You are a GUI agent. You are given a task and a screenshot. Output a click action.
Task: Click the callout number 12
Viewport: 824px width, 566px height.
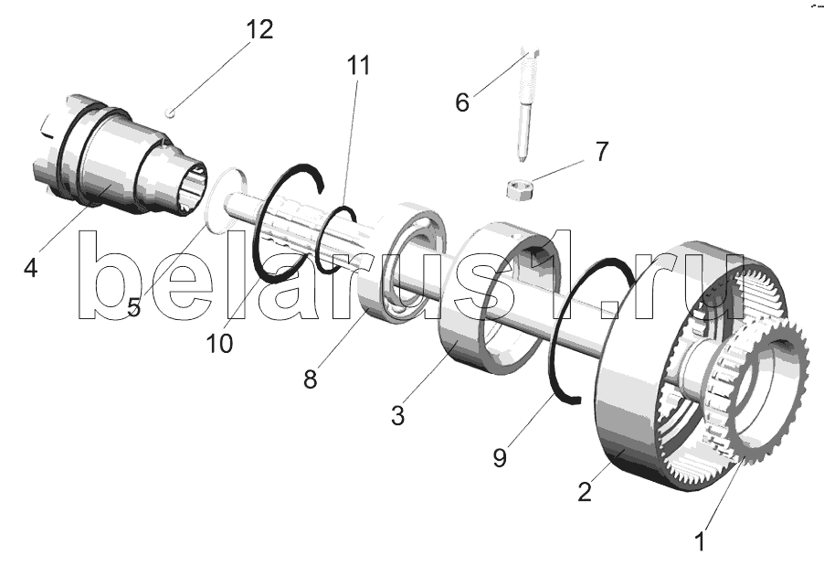(260, 29)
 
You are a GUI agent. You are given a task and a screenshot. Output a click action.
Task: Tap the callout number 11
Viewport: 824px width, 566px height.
(358, 65)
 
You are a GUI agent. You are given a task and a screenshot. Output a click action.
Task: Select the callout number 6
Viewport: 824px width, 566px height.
(462, 102)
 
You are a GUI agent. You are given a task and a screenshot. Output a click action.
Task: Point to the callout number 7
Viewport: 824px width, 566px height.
(602, 151)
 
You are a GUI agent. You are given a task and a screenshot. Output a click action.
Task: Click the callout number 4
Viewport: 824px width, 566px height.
(31, 268)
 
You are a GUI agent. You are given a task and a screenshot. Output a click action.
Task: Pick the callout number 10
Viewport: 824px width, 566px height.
(219, 344)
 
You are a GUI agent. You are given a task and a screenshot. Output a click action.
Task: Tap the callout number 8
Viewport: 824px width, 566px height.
(310, 379)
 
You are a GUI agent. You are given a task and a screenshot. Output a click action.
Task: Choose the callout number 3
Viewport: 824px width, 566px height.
(397, 415)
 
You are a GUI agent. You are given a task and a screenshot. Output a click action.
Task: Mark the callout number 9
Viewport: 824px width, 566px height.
(500, 457)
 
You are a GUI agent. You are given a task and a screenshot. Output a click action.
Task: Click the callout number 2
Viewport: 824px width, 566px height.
(585, 492)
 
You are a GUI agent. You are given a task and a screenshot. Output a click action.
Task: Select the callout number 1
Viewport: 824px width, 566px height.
(700, 541)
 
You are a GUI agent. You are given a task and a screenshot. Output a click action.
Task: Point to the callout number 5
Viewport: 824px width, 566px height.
(134, 307)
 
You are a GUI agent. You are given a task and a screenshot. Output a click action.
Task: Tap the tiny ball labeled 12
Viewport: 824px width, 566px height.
(170, 112)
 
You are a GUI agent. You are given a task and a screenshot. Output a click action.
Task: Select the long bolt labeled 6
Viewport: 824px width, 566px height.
(527, 104)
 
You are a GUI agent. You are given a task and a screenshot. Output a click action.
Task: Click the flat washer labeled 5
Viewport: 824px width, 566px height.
(211, 213)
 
